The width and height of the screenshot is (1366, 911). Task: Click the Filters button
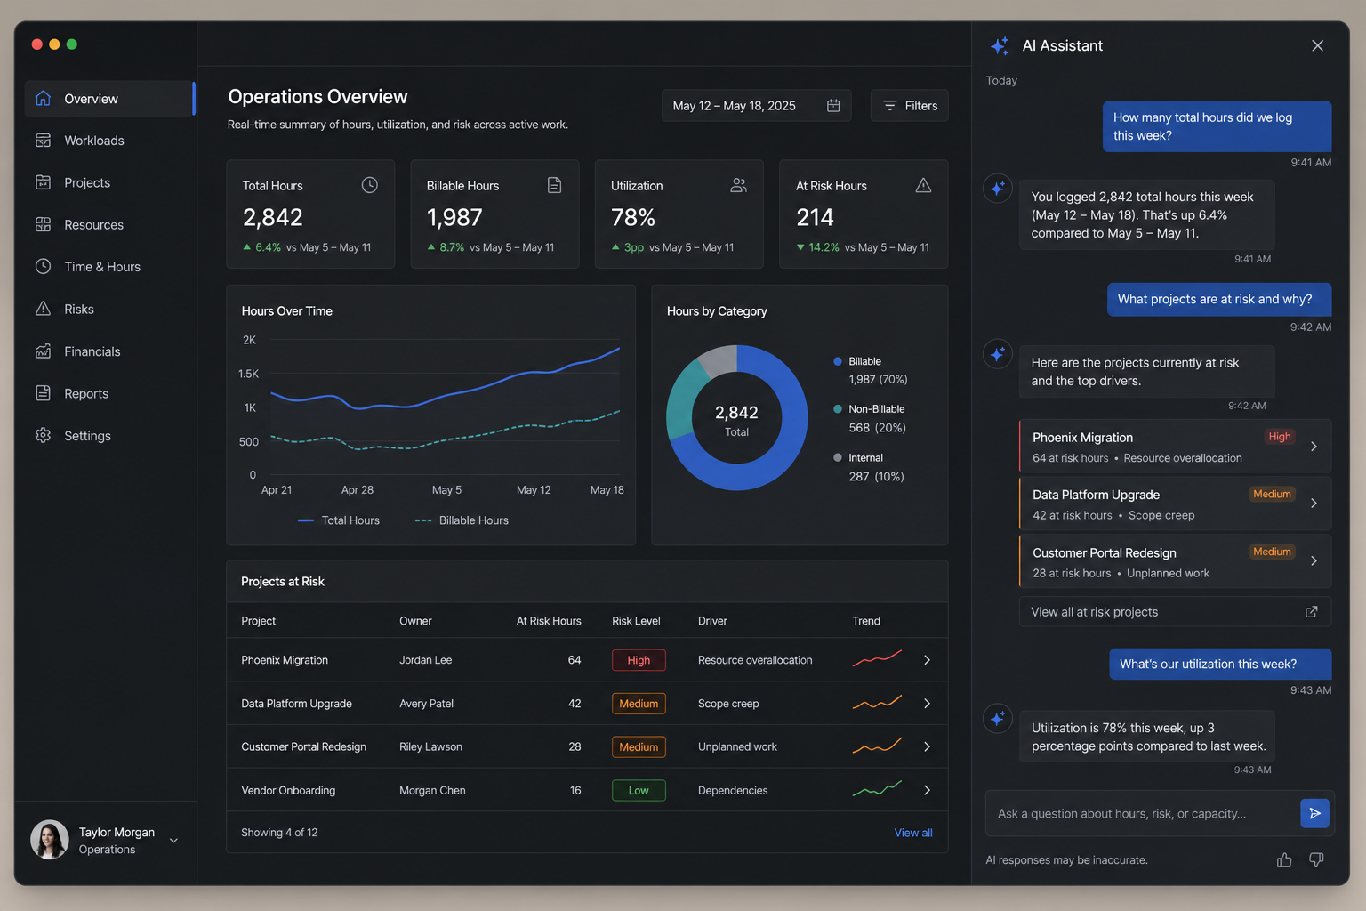909,106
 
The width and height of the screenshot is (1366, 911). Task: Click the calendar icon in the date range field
833,106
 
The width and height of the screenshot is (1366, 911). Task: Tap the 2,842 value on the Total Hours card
273,217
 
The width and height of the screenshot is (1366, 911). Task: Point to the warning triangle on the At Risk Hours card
923,185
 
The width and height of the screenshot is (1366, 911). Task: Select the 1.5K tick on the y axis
248,374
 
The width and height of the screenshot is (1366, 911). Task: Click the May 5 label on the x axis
446,490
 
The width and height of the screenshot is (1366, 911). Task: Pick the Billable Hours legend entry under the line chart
462,520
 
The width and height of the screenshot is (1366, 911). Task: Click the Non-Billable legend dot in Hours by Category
838,409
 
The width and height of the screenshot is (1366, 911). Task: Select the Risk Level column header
636,621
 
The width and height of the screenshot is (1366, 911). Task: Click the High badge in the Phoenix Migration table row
639,660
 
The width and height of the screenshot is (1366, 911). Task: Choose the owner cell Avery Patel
426,704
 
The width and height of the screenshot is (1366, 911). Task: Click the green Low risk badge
639,790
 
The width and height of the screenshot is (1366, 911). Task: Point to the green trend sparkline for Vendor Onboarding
877,789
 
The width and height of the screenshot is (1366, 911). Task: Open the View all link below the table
913,833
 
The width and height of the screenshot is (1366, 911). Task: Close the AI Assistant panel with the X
1317,45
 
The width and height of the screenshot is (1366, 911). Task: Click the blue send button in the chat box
1314,813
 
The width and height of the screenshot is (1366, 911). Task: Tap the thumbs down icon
1316,859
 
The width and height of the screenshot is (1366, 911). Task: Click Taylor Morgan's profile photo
50,840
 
